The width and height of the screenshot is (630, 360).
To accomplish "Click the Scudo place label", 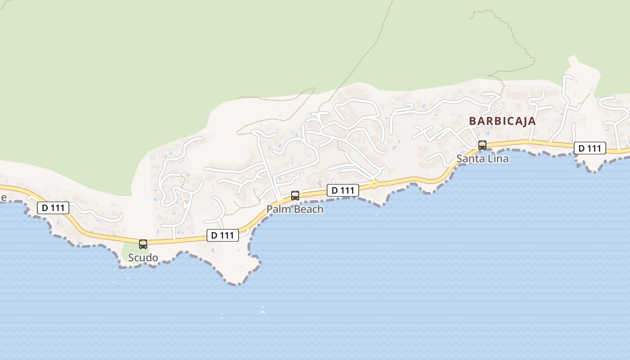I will (x=143, y=258).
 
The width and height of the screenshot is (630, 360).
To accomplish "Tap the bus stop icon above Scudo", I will (x=143, y=244).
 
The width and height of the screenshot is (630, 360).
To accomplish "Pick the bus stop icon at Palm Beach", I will (x=295, y=196).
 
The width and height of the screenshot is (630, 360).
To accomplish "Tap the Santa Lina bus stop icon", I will (x=482, y=145).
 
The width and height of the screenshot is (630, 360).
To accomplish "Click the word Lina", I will (x=499, y=159).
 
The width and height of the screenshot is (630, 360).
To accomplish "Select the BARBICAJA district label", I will (x=502, y=121).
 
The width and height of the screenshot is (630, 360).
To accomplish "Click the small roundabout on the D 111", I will (x=373, y=184).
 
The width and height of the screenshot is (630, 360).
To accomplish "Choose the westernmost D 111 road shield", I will (x=53, y=208).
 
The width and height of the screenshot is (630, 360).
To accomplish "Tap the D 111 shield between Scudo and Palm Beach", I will (x=223, y=235).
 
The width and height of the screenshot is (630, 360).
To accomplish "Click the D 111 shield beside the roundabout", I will (x=343, y=190).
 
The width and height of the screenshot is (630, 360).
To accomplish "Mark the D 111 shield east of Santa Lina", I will (x=589, y=148).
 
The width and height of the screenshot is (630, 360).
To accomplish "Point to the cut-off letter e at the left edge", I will (x=3, y=198).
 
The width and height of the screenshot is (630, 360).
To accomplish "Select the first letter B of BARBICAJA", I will (x=473, y=121).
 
